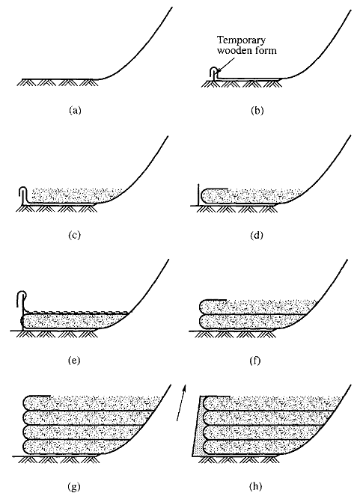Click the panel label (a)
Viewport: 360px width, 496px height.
pyautogui.click(x=75, y=111)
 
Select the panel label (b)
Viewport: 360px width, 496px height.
pyautogui.click(x=257, y=111)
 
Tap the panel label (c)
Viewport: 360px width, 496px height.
pyautogui.click(x=75, y=235)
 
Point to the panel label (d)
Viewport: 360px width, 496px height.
pyautogui.click(x=257, y=235)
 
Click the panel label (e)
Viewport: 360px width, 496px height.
pyautogui.click(x=74, y=361)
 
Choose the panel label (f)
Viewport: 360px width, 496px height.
pyautogui.click(x=255, y=361)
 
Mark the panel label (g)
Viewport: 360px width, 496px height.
pyautogui.click(x=74, y=486)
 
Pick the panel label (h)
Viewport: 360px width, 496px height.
pyautogui.click(x=256, y=486)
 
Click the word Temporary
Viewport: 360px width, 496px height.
pyautogui.click(x=241, y=41)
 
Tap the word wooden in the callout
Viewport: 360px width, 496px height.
pyautogui.click(x=231, y=50)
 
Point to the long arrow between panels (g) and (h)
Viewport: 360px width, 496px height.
pyautogui.click(x=181, y=402)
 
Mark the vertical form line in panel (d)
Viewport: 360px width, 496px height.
pyautogui.click(x=198, y=195)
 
